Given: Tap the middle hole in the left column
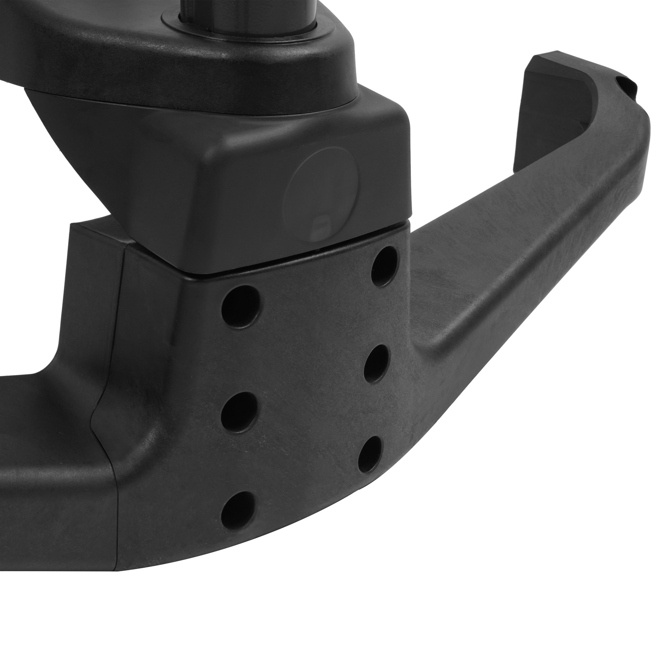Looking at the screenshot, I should pos(240,409).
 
